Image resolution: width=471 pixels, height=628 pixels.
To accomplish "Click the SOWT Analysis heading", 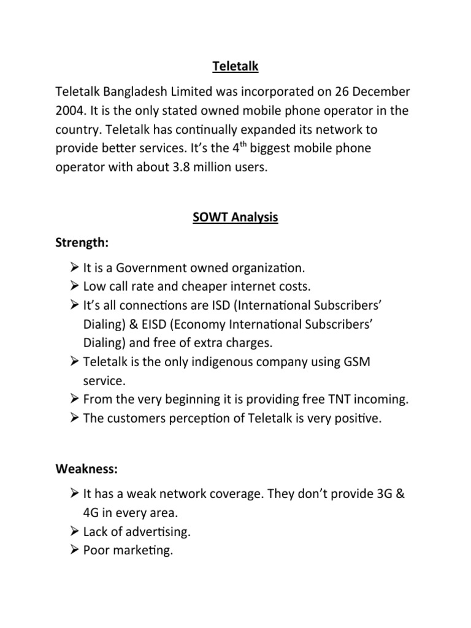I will coord(235,218).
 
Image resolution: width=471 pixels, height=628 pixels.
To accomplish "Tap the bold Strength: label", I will coord(82,243).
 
